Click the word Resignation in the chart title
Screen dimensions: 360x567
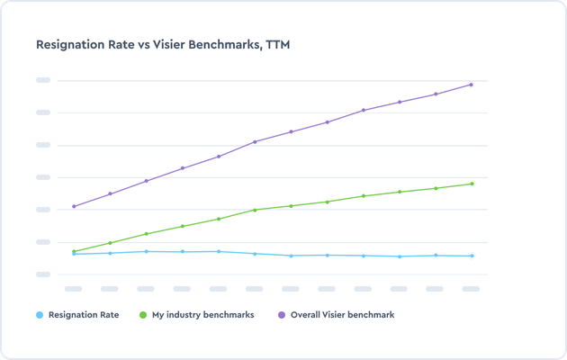coord(71,43)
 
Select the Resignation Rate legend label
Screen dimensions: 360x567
coord(84,315)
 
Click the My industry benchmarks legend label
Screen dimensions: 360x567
coord(202,315)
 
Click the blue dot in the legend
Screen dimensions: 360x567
coord(39,315)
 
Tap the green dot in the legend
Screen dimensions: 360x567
coord(144,315)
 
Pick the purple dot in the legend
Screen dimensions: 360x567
coord(282,315)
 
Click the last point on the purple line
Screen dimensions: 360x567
coord(471,85)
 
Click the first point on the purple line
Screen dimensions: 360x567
coord(74,206)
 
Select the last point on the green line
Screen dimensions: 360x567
coord(471,184)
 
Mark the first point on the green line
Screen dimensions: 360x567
coord(74,251)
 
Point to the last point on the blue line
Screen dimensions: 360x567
coord(471,256)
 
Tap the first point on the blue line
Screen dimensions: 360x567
coord(74,254)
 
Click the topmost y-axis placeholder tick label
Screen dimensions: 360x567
coord(42,80)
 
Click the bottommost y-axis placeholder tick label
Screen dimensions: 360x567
coord(42,274)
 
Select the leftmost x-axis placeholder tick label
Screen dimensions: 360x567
coord(74,289)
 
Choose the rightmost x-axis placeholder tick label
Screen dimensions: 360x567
coord(471,289)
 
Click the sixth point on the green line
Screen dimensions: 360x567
coord(255,210)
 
